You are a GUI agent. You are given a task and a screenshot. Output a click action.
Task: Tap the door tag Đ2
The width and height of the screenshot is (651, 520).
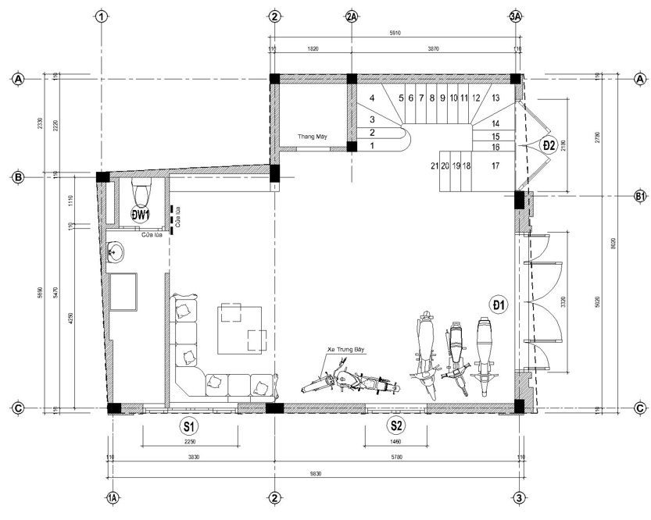[x=549, y=144]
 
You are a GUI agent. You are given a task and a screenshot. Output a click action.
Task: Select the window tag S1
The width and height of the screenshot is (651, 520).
[x=188, y=426]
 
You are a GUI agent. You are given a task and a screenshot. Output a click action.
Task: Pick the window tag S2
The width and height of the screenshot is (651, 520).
[x=396, y=426]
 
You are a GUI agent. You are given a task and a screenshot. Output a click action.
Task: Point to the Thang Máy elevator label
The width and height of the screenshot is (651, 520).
[x=312, y=137]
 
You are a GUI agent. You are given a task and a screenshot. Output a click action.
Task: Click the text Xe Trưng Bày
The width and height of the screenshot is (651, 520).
[x=348, y=351]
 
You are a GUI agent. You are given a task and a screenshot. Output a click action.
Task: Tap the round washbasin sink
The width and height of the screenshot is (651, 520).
[x=119, y=251]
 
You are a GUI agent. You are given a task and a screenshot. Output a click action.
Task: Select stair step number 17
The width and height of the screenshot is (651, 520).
[x=495, y=166]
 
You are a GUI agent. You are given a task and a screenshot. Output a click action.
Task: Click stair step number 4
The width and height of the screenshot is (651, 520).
[x=373, y=98]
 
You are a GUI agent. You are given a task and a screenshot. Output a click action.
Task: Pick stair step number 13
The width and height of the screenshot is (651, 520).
[x=495, y=98]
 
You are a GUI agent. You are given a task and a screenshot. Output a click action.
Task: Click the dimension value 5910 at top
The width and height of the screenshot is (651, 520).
[x=396, y=34]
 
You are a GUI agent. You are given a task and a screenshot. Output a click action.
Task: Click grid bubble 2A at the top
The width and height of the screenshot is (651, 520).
[x=352, y=16]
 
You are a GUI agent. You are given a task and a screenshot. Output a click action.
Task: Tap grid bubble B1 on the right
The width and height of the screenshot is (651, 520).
[x=639, y=196]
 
